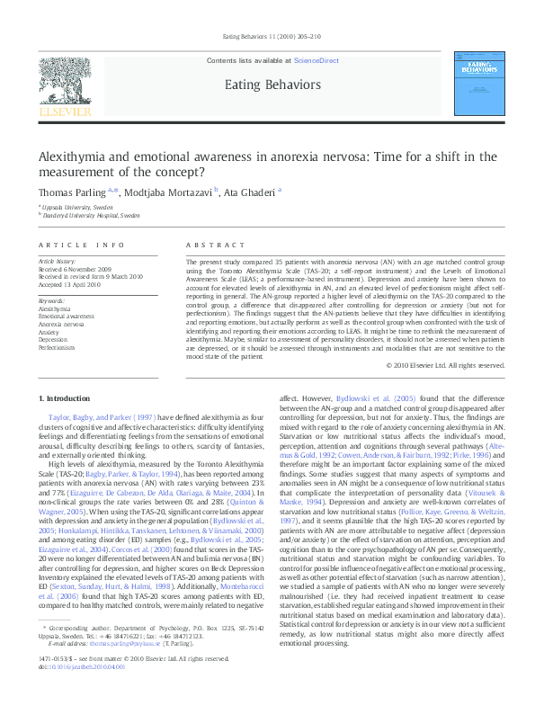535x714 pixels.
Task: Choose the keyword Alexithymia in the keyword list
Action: tap(54, 308)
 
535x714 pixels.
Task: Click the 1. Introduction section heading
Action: tap(69, 398)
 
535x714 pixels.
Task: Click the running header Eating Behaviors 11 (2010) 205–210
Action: tap(267, 37)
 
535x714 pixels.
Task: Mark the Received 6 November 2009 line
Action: tap(76, 271)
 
